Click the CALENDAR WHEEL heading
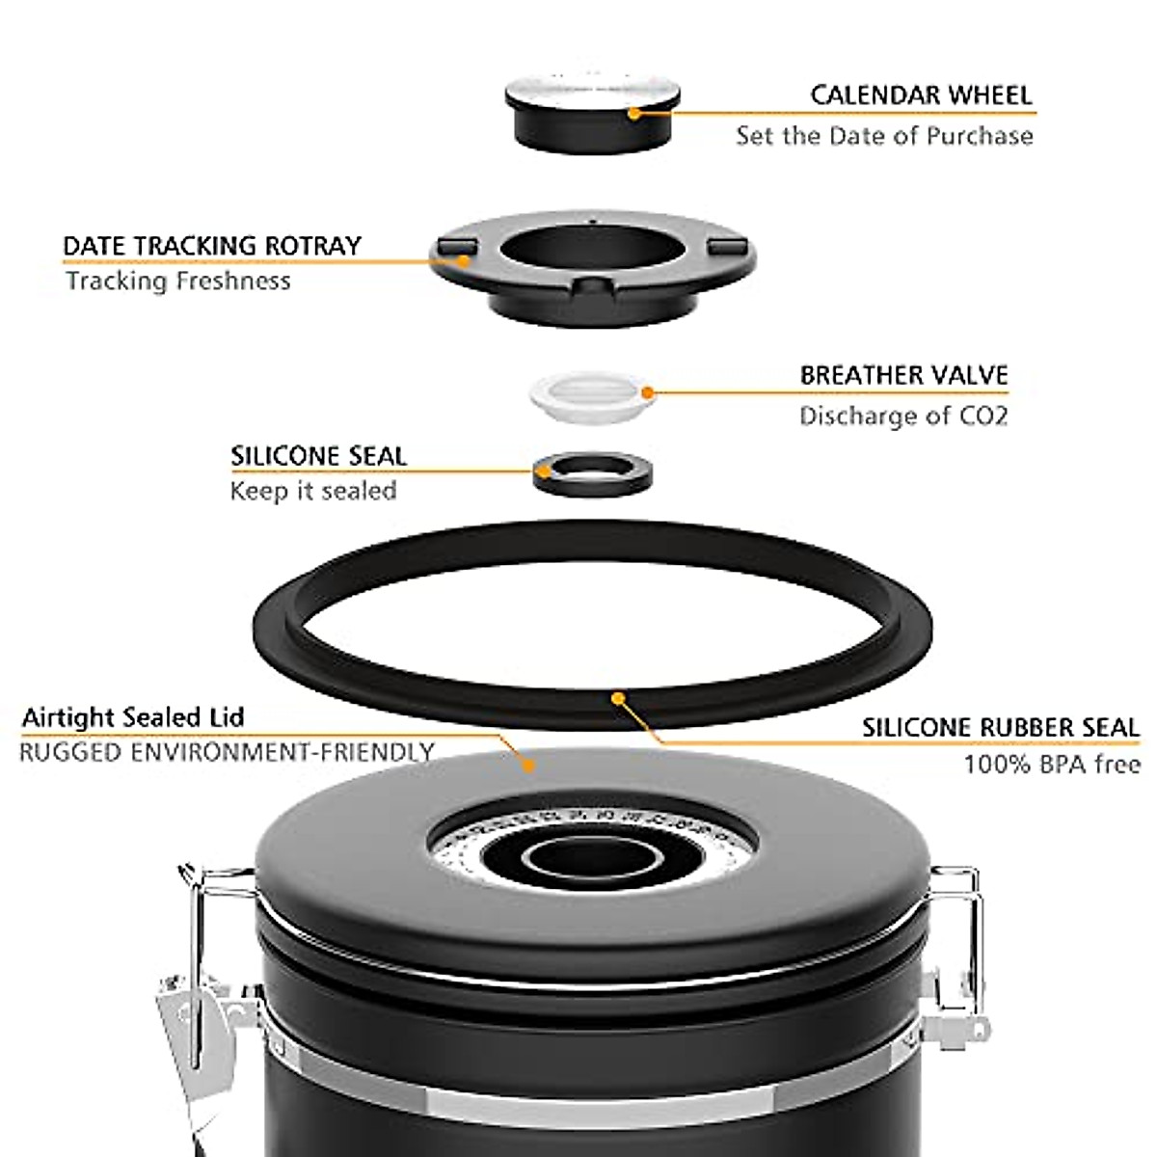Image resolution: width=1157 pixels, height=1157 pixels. coord(921,95)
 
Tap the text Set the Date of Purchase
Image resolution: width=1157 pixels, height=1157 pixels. coord(884,136)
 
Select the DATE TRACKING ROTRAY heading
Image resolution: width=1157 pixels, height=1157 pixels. coord(212,246)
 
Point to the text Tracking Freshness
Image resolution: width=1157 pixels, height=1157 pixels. coord(178,282)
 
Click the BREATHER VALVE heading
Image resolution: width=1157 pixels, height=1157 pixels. coord(903,375)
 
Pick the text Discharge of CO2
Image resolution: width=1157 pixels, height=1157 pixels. coord(903,417)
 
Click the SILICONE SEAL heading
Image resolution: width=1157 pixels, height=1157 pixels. coord(318,456)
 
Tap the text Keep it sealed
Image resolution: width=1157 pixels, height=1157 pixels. coord(313,491)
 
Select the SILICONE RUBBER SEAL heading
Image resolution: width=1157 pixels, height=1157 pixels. coord(1000,728)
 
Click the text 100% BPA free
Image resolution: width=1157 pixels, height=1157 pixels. coord(1052,765)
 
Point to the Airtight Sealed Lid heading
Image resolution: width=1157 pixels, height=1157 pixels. coord(133,718)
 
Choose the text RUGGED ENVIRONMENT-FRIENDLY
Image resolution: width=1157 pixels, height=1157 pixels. coord(227,752)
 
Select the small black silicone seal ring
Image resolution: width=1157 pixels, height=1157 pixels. coord(590,472)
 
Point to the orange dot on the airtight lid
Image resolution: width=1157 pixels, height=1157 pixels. coord(526,766)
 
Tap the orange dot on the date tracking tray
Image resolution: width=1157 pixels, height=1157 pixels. coord(464,259)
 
